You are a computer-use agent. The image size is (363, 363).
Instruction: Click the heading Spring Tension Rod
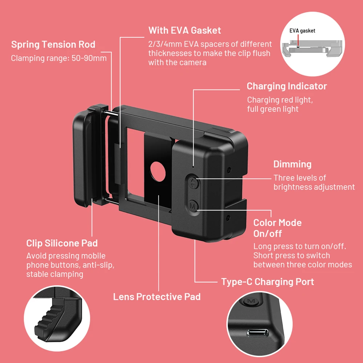coord(53,45)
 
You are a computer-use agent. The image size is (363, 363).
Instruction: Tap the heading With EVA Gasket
coord(184,30)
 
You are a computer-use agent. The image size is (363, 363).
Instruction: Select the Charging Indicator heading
coord(287,86)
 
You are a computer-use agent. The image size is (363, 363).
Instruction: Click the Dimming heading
coord(292,164)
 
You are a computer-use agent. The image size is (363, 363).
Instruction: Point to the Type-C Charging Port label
coord(268,282)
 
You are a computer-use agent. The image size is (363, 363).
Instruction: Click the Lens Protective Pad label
coord(157,297)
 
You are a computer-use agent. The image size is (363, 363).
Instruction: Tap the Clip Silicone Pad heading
coord(62,243)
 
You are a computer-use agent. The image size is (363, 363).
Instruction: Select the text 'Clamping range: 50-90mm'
coord(59,58)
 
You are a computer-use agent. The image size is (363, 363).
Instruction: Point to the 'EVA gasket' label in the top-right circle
coord(302,31)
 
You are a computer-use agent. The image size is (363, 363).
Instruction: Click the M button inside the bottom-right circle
coord(250,301)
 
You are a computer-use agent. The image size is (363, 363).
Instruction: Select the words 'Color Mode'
coord(277,223)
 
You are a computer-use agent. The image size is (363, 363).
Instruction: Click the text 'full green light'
coord(273,109)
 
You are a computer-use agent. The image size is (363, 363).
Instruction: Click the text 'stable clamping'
coord(54,274)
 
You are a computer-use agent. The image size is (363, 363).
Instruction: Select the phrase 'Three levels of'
coord(299,178)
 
